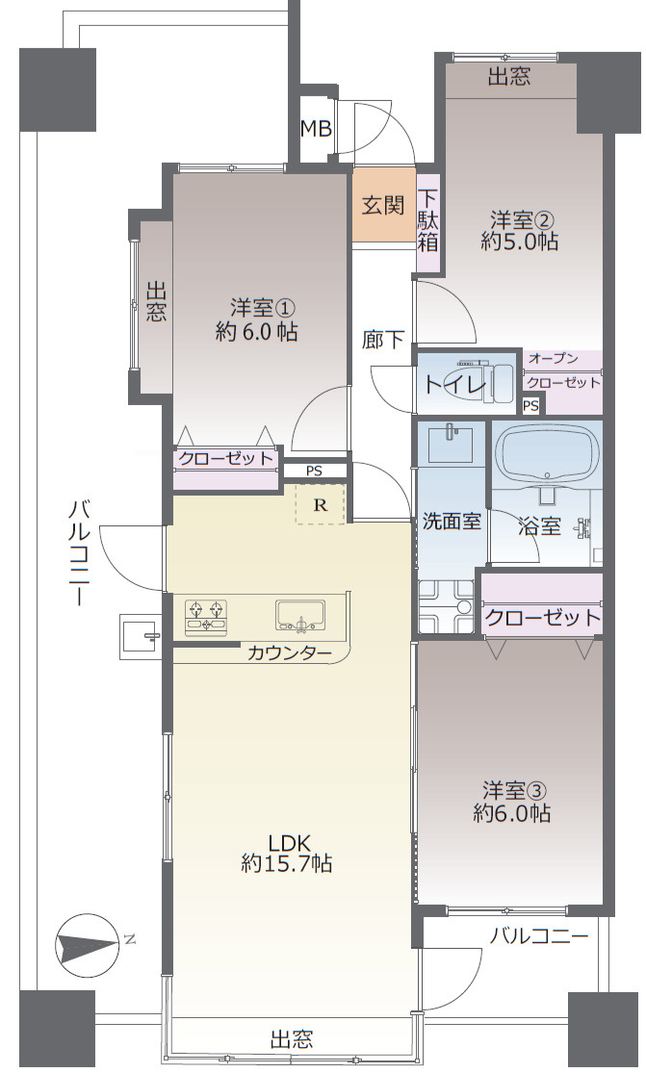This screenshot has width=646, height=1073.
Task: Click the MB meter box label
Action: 315,129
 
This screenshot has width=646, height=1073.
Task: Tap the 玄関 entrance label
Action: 383,205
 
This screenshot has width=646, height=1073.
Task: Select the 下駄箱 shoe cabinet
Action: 427,222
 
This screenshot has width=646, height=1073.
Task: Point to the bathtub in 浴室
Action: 547,452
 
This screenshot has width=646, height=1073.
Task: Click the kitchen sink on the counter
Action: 302,614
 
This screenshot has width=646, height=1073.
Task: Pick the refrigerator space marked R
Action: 320,503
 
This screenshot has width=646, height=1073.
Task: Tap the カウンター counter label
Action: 289,653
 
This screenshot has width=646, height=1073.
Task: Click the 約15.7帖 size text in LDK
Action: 287,863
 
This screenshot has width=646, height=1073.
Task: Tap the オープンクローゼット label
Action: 564,370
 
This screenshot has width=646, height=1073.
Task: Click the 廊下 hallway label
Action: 383,340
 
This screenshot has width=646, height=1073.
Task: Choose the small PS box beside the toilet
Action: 530,406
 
